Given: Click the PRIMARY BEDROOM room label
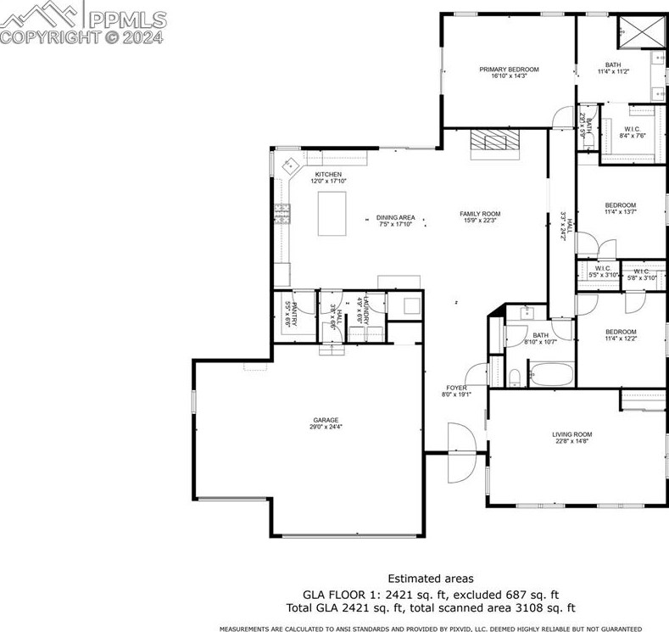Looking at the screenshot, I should click(509, 70).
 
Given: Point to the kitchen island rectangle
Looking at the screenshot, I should click(332, 213).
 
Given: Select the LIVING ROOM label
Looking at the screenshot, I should click(572, 434).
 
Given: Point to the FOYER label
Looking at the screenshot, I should click(456, 388).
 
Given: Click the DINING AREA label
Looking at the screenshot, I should click(396, 218).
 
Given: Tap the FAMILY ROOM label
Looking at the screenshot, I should click(480, 214).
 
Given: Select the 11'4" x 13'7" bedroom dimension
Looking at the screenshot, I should click(620, 212).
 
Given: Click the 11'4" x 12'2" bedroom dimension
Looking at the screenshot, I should click(620, 338).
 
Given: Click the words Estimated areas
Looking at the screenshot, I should click(431, 579).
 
